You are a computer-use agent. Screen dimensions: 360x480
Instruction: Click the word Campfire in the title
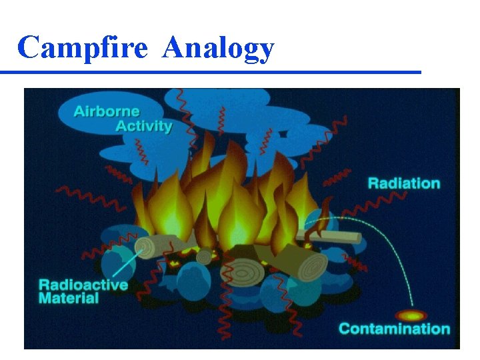[82, 48]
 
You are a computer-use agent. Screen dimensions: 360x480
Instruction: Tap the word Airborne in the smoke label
[107, 111]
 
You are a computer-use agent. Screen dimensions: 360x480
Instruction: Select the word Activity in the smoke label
[144, 125]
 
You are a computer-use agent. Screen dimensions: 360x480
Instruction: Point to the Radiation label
[404, 183]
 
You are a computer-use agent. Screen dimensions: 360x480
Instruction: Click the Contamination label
[394, 329]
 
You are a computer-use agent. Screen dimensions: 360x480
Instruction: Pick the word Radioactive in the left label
[83, 285]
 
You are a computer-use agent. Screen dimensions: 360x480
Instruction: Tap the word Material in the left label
[69, 298]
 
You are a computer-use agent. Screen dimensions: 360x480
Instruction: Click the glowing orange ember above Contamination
[411, 315]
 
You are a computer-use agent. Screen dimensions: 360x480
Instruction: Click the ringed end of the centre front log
[241, 272]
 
